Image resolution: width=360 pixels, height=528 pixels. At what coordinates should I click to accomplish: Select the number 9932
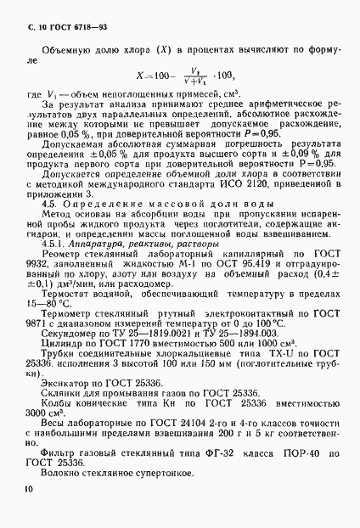click(x=40, y=289)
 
